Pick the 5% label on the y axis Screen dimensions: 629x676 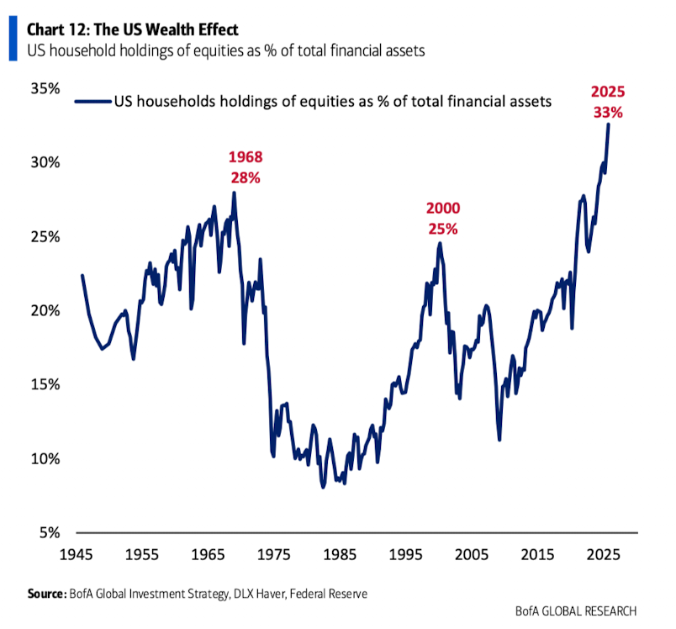pyautogui.click(x=45, y=532)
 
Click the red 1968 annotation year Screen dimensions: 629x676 pyautogui.click(x=246, y=157)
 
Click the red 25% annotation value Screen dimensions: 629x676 pyautogui.click(x=443, y=228)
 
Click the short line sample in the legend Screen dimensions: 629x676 pyautogui.click(x=92, y=102)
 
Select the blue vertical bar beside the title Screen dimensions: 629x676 pyautogui.click(x=13, y=41)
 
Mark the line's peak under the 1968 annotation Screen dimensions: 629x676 pyautogui.click(x=234, y=193)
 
